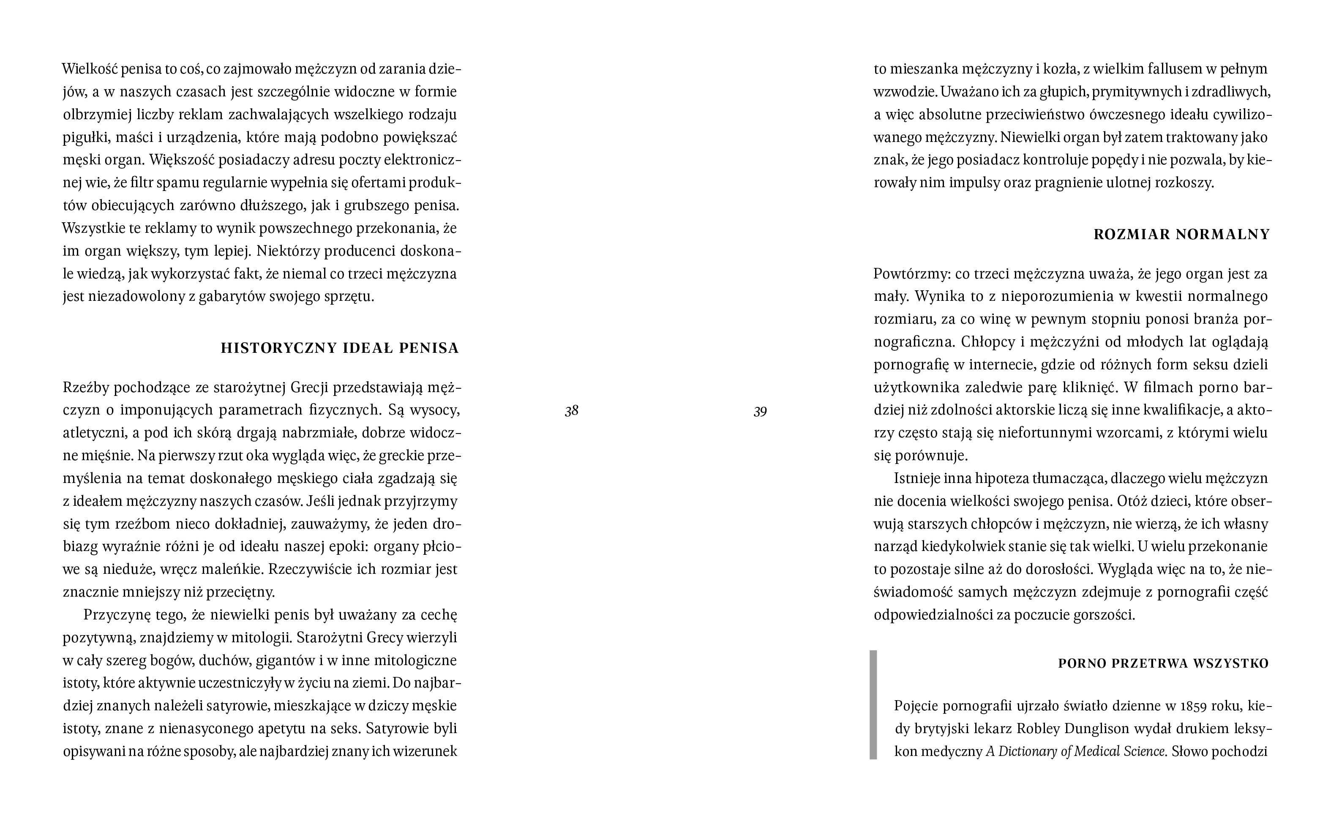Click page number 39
760,411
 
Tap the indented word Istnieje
916,479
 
